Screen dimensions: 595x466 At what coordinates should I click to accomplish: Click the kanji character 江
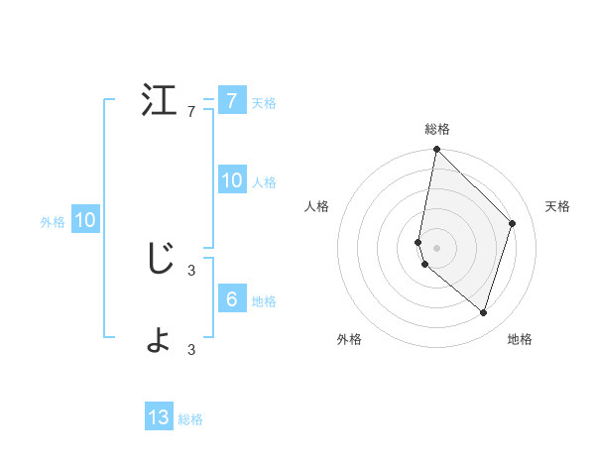(159, 102)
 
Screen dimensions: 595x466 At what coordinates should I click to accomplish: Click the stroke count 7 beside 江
(191, 112)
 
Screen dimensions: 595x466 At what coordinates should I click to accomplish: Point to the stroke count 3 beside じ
(191, 268)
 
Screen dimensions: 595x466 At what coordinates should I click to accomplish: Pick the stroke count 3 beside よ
(191, 349)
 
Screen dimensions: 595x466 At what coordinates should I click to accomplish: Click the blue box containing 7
(231, 100)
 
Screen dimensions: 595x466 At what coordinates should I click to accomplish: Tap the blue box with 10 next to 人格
(231, 179)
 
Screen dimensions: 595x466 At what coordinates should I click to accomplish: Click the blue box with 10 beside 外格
(84, 220)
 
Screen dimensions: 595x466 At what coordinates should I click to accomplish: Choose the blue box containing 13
(159, 417)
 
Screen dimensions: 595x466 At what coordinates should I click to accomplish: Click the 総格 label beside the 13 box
(190, 419)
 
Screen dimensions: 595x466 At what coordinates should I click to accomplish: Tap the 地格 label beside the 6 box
(264, 301)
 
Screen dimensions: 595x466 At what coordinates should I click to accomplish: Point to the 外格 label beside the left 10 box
(53, 222)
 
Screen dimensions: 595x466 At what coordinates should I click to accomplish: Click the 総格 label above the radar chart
(437, 129)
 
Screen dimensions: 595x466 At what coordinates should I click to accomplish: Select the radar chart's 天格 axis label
(557, 206)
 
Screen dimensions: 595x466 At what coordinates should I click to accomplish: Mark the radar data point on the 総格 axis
(436, 150)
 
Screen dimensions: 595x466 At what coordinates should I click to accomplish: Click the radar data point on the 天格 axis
(513, 223)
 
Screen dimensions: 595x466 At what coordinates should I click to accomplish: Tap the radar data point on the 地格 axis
(483, 312)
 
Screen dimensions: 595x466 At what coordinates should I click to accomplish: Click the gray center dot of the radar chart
(436, 248)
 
